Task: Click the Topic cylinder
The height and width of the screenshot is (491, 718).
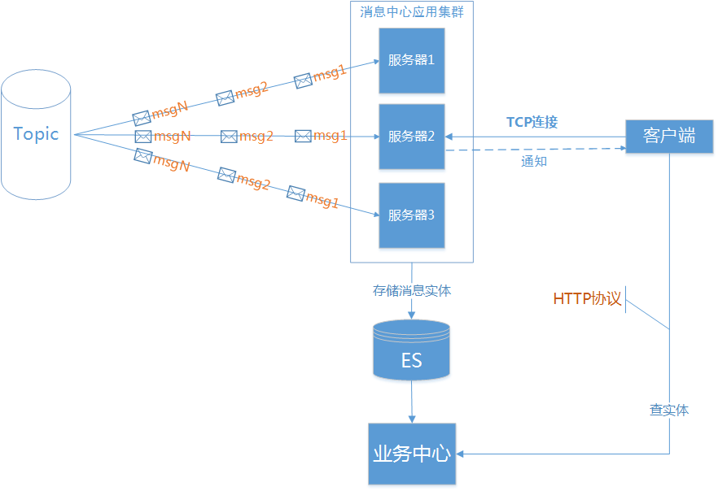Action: [37, 134]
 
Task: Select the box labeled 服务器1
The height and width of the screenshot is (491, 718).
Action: [411, 60]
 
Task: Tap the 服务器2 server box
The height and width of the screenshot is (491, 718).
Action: [411, 137]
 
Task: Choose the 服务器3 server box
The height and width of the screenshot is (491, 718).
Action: [411, 215]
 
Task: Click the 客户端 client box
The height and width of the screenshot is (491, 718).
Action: [669, 136]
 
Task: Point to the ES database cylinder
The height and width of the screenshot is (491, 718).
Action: [411, 350]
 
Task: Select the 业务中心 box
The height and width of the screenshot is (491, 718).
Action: [411, 454]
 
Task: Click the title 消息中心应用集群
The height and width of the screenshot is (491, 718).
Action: [412, 11]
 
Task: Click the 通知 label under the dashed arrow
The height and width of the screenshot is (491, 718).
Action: [533, 162]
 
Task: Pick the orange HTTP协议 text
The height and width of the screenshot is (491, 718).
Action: [587, 299]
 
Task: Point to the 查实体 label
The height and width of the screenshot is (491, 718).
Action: [669, 410]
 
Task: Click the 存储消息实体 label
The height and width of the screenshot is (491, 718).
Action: [412, 290]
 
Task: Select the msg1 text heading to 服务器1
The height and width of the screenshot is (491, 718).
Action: [331, 72]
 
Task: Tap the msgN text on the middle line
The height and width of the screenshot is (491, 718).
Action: [172, 136]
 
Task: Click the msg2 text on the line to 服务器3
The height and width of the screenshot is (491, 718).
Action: [253, 182]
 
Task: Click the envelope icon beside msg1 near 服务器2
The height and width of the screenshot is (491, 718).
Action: [304, 136]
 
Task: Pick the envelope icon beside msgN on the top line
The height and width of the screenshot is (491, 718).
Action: [142, 117]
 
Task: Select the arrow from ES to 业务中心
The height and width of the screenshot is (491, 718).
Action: [412, 402]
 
